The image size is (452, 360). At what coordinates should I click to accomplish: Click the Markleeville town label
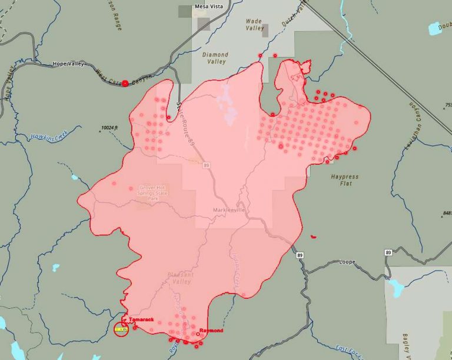(x=229, y=210)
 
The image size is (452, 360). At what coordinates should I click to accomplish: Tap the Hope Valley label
(x=68, y=64)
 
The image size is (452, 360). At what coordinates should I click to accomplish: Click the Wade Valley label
(x=254, y=25)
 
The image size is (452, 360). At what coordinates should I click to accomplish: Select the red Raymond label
(x=211, y=331)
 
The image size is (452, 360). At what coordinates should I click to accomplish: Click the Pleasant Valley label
(x=179, y=278)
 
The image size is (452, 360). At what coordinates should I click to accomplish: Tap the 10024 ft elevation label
(x=109, y=127)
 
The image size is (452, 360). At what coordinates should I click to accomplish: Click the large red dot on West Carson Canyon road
(x=125, y=84)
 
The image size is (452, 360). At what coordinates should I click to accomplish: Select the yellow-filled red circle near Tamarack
(x=121, y=329)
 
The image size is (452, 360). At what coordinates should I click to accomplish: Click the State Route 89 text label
(x=185, y=124)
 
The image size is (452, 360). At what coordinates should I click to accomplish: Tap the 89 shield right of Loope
(x=388, y=252)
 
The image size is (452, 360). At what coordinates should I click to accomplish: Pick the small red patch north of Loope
(x=313, y=236)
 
